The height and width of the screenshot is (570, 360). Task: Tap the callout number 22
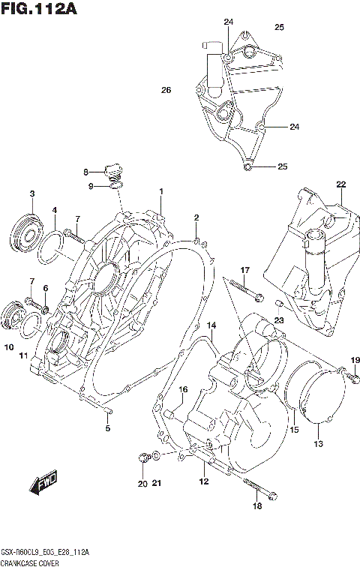(340, 184)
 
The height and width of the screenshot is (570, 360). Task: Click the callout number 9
(90, 186)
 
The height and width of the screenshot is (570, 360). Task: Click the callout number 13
(318, 445)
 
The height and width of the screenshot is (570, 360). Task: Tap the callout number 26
(166, 90)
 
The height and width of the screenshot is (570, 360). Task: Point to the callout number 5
(107, 428)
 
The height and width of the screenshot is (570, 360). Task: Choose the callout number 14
(211, 325)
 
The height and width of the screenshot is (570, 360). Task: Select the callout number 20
(142, 483)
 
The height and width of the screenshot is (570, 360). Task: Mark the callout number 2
(196, 217)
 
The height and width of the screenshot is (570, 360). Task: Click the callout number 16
(182, 388)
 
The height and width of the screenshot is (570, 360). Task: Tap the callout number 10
(8, 346)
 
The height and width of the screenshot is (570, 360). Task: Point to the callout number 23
(279, 319)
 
